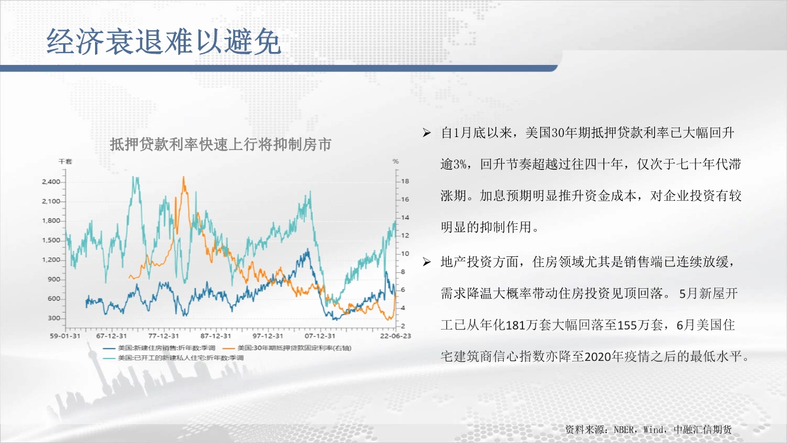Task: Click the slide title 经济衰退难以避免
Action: [x=164, y=41]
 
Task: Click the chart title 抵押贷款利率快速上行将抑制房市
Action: [x=221, y=145]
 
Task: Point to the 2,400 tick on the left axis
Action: [x=51, y=182]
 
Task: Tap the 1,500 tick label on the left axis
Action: [x=51, y=240]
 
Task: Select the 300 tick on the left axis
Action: [x=54, y=318]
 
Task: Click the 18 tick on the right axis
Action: [x=405, y=181]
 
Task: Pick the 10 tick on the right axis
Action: [x=405, y=253]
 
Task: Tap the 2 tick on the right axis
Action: [x=403, y=326]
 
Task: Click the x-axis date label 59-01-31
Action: [x=65, y=335]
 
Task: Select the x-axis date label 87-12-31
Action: [x=215, y=335]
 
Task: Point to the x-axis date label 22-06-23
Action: [x=395, y=335]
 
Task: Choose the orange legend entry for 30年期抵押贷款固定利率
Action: [x=287, y=348]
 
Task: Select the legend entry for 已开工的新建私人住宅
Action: [x=173, y=358]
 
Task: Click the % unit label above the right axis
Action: [x=396, y=161]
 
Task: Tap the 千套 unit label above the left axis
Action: [x=65, y=161]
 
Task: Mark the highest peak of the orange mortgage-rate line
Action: [x=184, y=177]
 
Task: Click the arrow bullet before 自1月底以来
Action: [x=426, y=132]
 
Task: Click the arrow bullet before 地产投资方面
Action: [x=426, y=262]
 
